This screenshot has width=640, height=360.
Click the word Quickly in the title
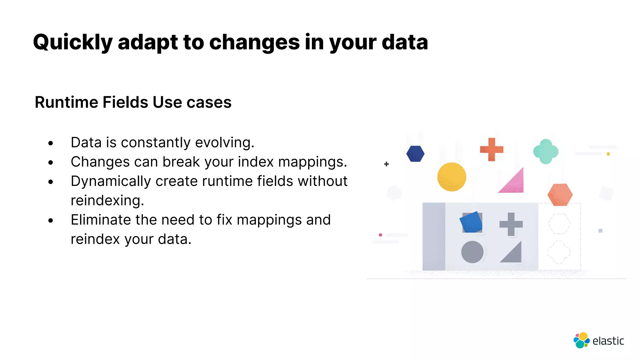[72, 42]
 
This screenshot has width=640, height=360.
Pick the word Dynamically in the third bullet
[111, 181]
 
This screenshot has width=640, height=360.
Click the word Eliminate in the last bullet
[100, 220]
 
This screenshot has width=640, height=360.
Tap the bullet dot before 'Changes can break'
[51, 162]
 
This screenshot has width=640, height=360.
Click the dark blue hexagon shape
[415, 154]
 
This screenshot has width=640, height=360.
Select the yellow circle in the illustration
[452, 177]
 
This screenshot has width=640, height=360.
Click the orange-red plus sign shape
[492, 149]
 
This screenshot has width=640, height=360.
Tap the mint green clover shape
[546, 152]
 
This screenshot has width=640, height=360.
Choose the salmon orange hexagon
[560, 194]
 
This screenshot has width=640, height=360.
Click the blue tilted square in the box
[471, 222]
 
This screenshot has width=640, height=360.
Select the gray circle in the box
[472, 252]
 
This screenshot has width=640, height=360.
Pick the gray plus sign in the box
[511, 224]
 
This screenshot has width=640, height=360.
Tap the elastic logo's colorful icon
[581, 340]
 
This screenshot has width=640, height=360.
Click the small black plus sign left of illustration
[386, 164]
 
